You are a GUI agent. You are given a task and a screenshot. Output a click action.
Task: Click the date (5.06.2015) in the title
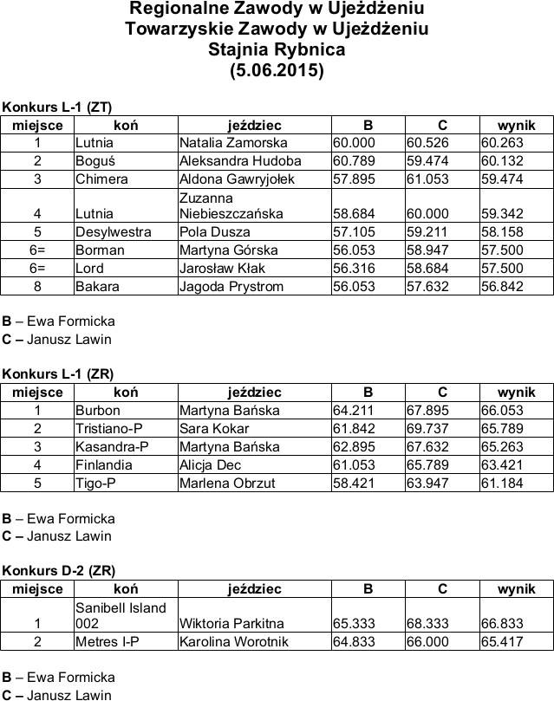pos(277,70)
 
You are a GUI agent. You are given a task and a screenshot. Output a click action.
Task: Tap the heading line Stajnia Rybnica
pos(277,50)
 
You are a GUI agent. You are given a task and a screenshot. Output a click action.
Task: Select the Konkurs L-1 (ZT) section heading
pos(57,107)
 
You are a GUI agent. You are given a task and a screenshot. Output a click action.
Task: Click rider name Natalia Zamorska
pos(232,143)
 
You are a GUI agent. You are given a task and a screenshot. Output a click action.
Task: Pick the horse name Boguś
pos(95,161)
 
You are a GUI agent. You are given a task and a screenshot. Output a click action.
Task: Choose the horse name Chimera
pos(101,179)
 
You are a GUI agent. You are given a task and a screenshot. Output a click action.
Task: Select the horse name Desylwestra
pos(114,232)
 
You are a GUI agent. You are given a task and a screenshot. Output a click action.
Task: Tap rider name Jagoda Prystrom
pos(231,286)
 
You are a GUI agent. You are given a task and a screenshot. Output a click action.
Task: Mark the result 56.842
pos(501,286)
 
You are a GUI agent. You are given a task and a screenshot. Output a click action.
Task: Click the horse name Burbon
pos(98,411)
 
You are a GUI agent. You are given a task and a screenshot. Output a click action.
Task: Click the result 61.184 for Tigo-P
pos(501,484)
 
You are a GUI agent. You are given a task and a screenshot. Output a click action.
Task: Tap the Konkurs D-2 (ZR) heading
pos(58,570)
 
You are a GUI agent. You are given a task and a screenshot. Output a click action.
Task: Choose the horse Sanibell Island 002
pos(121,615)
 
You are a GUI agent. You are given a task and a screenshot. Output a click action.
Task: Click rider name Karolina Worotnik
pos(233,642)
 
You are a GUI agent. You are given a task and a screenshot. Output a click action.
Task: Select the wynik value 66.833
pos(501,624)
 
